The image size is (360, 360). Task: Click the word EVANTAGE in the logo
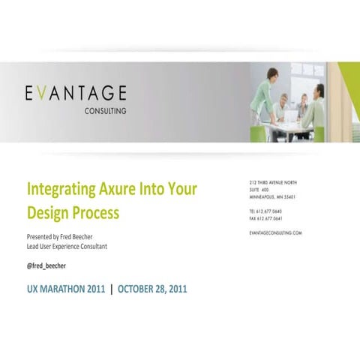(x=75, y=93)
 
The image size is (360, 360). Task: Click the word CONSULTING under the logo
(x=105, y=110)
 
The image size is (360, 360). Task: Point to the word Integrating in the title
(x=61, y=187)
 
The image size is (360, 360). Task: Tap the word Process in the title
(x=95, y=212)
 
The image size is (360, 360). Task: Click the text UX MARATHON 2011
(x=66, y=288)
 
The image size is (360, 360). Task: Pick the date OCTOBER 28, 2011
(x=152, y=288)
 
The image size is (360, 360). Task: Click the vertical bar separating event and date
(x=112, y=288)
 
